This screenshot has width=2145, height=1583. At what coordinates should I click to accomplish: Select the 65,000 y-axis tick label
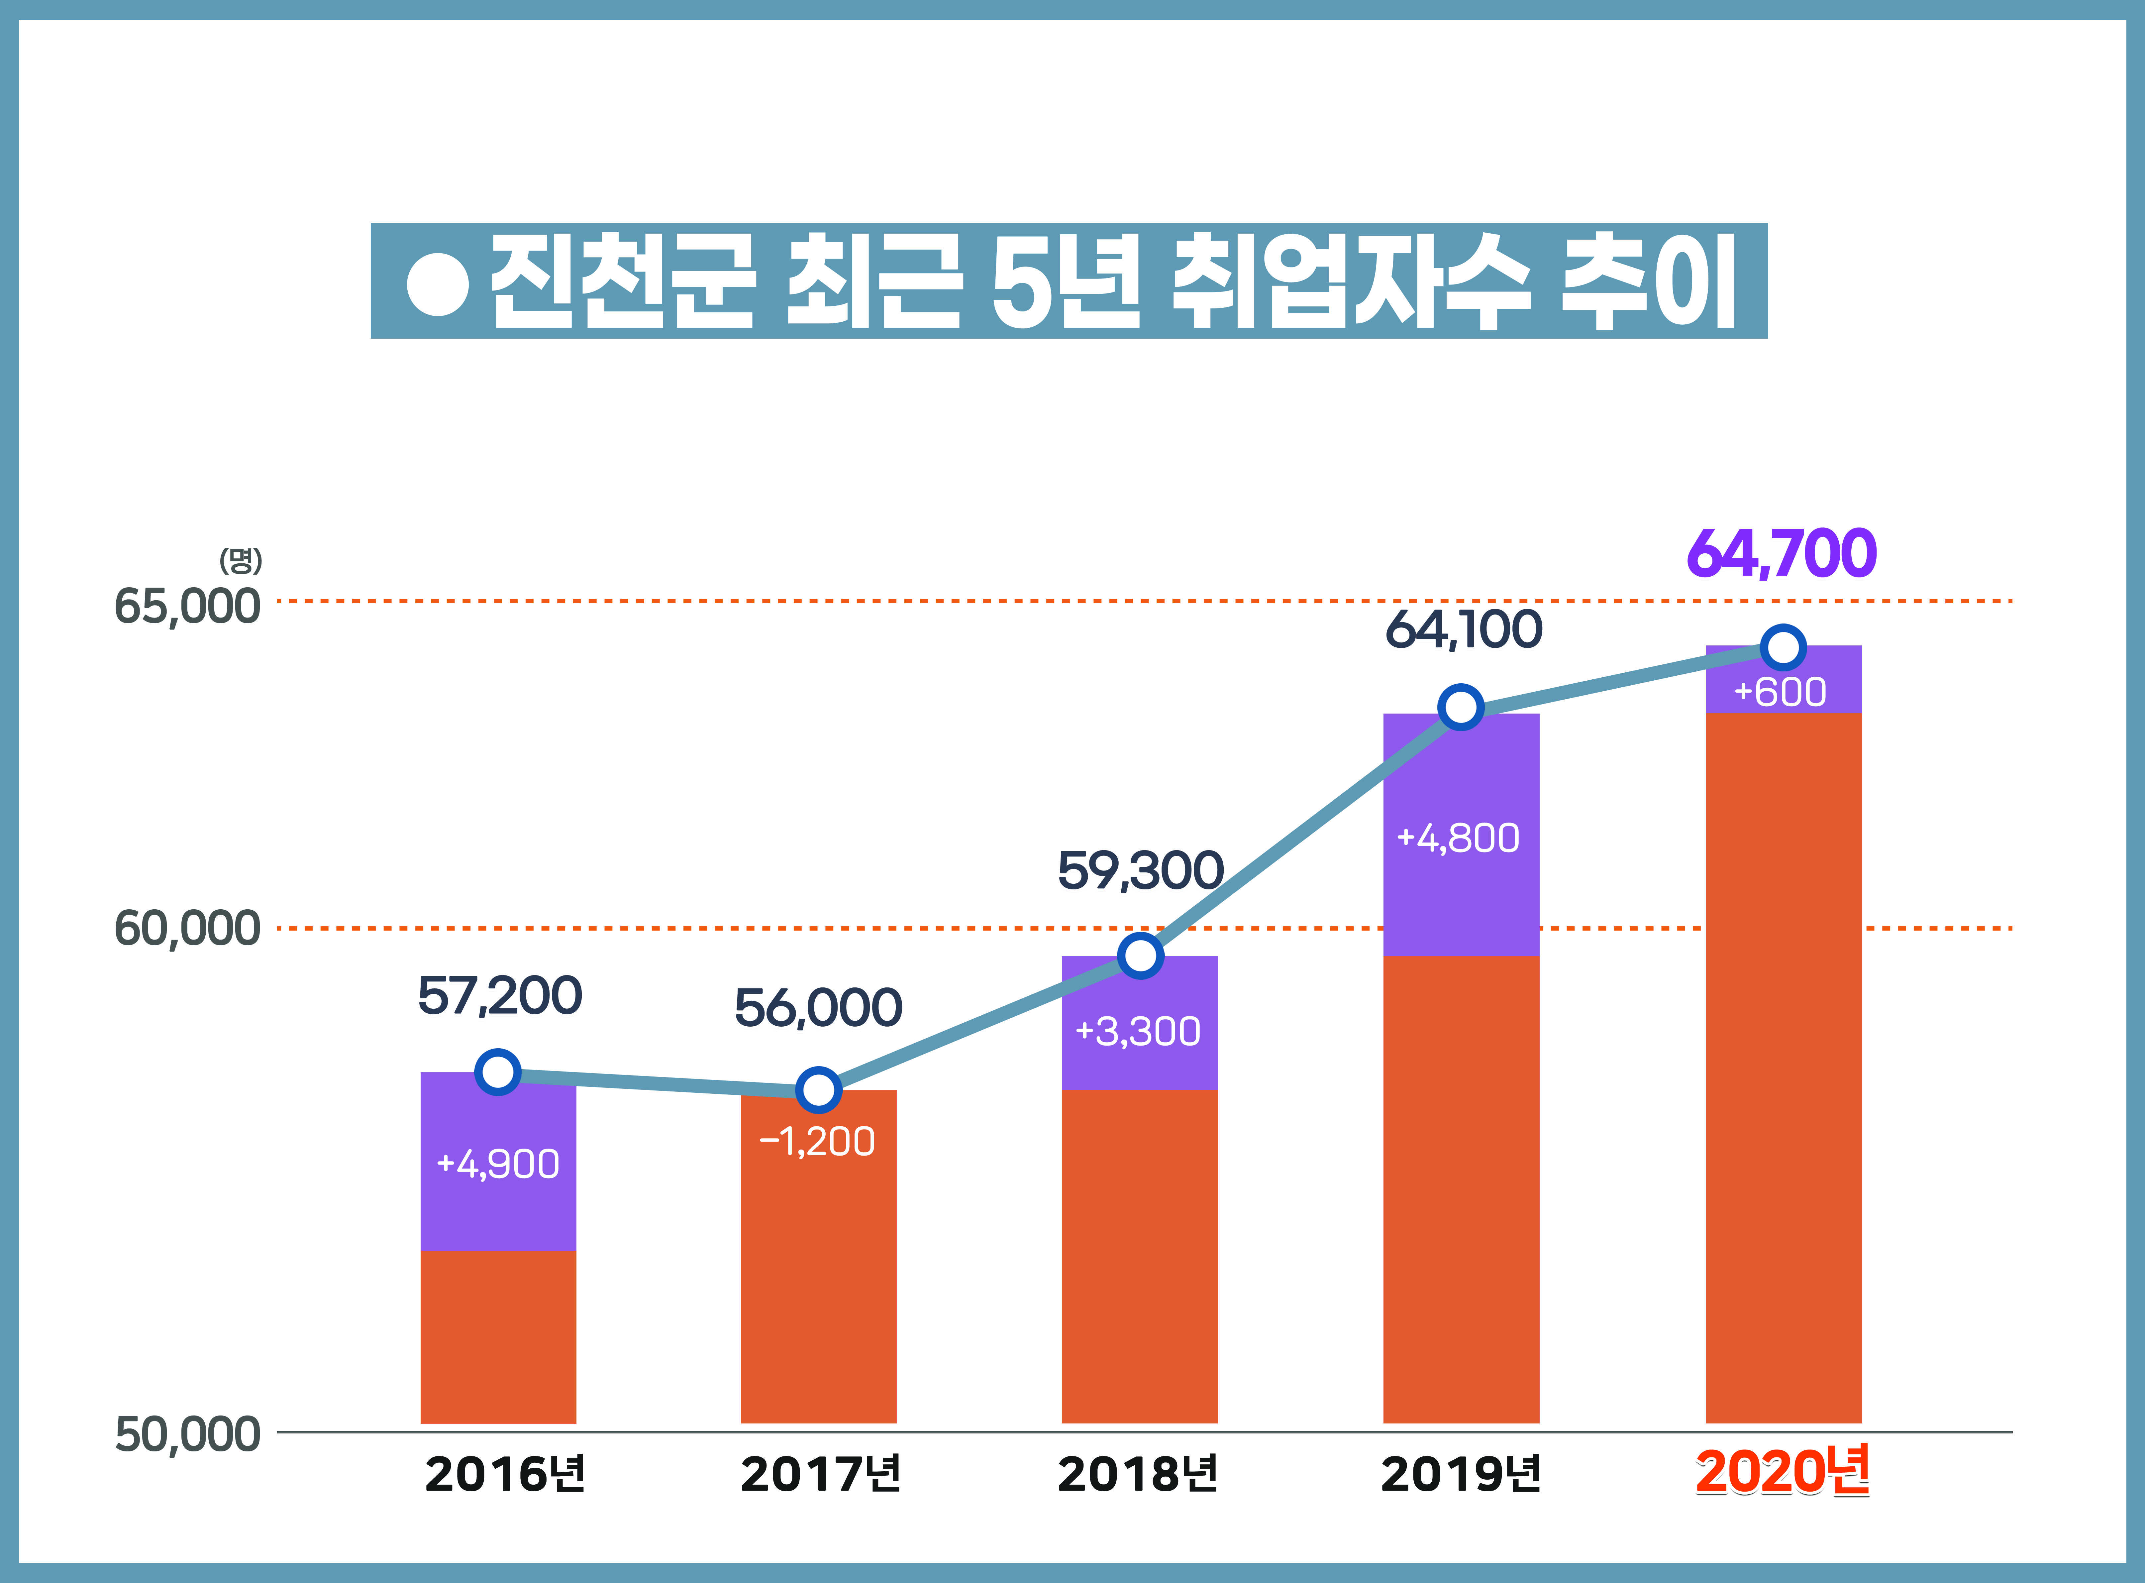[187, 607]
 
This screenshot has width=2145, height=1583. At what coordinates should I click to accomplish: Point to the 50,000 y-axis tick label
[187, 1434]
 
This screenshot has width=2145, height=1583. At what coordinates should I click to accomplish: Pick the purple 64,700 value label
[1781, 554]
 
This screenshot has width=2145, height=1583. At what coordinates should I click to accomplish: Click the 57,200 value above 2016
[499, 996]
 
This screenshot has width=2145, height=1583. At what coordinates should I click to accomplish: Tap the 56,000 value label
[818, 1008]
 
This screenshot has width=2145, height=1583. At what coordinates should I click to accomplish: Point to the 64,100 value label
[1463, 629]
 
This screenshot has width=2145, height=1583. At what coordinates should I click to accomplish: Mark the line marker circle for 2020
[1783, 648]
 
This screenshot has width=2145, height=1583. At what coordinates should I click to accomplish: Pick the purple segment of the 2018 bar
[1139, 1064]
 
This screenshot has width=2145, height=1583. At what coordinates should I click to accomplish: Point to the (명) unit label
[241, 561]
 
